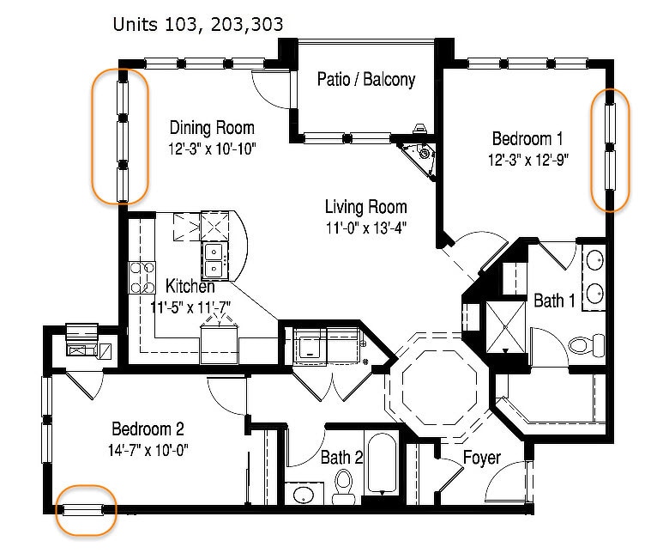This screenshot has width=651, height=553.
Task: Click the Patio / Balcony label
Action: point(365,79)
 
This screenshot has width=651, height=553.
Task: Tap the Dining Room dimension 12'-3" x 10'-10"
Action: point(212,149)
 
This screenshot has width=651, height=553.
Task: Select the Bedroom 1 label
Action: point(527,138)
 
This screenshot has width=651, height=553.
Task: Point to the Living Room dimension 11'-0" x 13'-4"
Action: point(365,228)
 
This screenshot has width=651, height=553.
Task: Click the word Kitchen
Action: point(190,286)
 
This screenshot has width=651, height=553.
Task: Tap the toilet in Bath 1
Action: point(587,344)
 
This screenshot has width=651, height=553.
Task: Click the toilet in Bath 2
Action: point(343,487)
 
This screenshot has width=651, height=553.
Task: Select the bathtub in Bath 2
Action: point(382,464)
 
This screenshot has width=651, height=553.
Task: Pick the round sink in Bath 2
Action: point(304,495)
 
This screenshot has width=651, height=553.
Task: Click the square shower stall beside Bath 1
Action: point(505,327)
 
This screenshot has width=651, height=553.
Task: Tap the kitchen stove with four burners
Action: point(142,277)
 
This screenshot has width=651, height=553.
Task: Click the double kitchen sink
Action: point(214,262)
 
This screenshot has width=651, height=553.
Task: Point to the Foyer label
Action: point(482,458)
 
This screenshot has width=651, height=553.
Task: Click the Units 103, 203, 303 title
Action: point(198,24)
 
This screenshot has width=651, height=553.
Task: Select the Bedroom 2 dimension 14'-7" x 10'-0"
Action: point(148,450)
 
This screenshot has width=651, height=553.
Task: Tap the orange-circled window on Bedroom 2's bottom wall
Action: point(82,509)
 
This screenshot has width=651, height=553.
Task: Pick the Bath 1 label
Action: point(554,301)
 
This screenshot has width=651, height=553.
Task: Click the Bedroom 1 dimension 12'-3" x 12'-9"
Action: point(527,160)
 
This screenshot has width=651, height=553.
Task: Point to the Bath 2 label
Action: point(341,458)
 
